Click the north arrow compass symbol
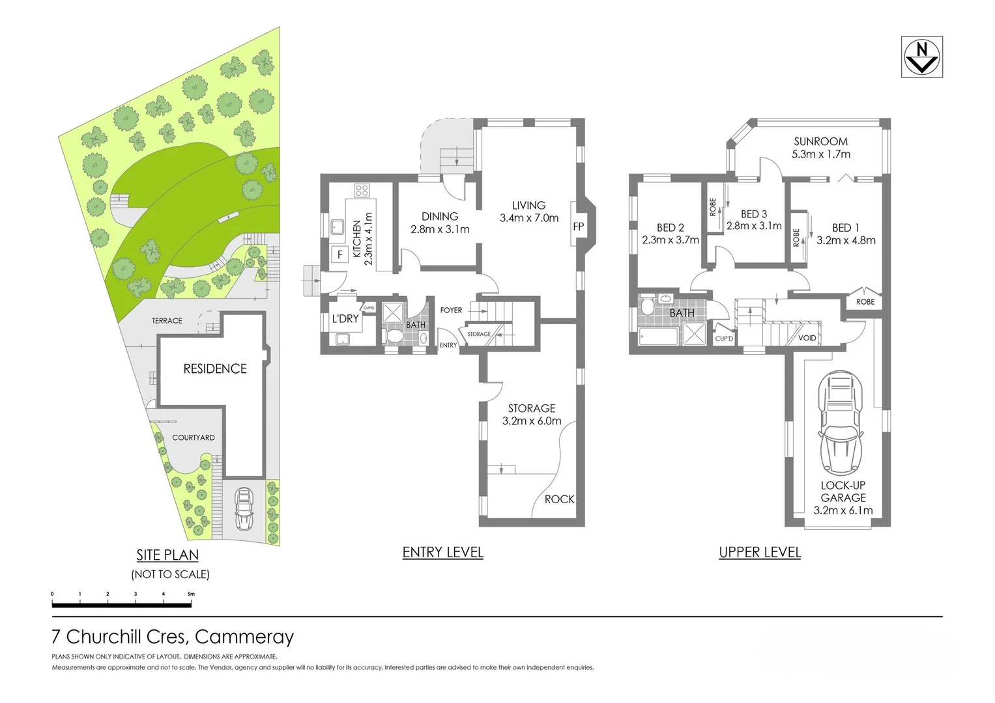click(x=921, y=57)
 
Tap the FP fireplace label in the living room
click(x=578, y=227)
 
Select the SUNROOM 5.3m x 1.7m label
click(x=820, y=148)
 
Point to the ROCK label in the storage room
click(x=559, y=499)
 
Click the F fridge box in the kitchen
click(x=339, y=255)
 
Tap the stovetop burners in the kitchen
click(x=362, y=191)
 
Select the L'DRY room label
click(x=345, y=318)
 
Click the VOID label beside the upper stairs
click(x=807, y=338)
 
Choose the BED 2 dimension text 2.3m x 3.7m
click(x=670, y=240)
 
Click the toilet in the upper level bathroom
click(x=648, y=307)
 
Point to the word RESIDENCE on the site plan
click(x=215, y=369)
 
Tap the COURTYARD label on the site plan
click(x=193, y=437)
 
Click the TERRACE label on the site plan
click(x=167, y=320)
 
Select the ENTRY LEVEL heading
click(x=442, y=553)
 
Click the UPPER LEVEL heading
click(x=759, y=553)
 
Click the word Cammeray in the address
click(x=244, y=637)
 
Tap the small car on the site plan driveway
click(x=244, y=508)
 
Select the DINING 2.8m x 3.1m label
click(x=440, y=223)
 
